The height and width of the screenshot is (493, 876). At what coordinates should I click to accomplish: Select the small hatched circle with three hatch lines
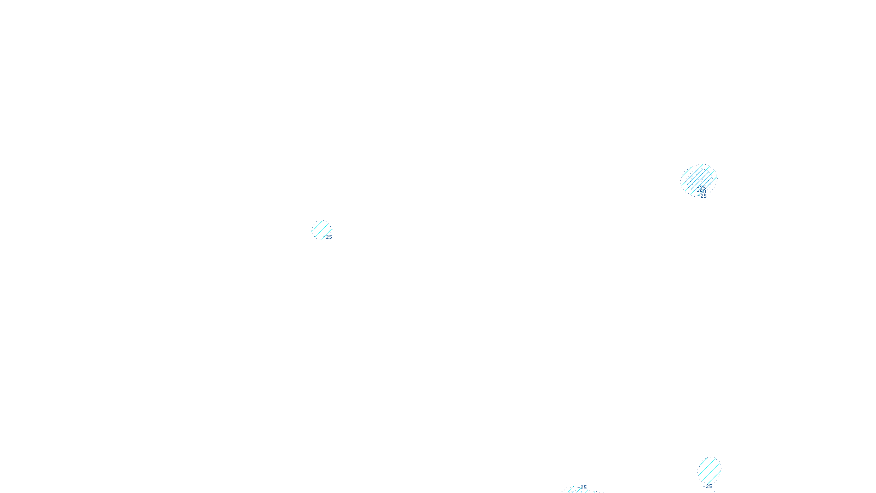click(321, 229)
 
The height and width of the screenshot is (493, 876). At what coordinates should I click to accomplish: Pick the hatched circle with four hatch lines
click(709, 470)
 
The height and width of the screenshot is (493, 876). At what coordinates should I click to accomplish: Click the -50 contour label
click(702, 191)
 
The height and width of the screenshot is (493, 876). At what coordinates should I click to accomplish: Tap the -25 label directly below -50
click(703, 196)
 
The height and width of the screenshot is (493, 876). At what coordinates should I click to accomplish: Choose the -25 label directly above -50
click(702, 187)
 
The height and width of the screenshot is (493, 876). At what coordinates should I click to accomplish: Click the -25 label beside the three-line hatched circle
click(328, 237)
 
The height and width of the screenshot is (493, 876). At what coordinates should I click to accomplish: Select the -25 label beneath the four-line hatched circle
click(708, 486)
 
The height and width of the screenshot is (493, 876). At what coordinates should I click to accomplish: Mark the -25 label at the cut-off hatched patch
click(583, 487)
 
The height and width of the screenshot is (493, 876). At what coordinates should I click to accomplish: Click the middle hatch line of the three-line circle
click(321, 229)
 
